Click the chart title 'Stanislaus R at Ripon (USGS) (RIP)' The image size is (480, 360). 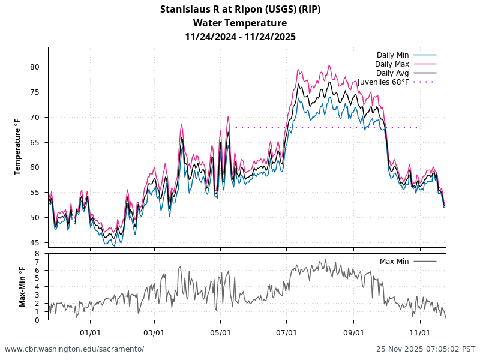[x=240, y=9]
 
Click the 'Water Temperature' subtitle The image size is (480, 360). [x=240, y=23]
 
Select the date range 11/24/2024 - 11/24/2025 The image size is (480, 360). [x=240, y=37]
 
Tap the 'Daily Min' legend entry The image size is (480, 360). [x=392, y=55]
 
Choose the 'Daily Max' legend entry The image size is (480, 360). [x=392, y=64]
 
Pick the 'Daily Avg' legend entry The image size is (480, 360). [x=392, y=73]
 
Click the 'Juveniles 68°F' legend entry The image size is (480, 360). [x=383, y=82]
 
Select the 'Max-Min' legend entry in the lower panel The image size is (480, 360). [x=394, y=261]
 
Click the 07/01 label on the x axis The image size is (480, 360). [x=287, y=332]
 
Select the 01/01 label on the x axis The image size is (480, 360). [x=90, y=332]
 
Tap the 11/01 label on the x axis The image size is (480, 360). [x=420, y=332]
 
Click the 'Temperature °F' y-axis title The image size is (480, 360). [x=17, y=146]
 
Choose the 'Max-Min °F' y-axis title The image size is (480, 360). [x=22, y=287]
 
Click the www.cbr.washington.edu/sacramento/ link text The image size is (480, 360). [x=74, y=349]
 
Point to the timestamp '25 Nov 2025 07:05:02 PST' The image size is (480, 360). [x=425, y=349]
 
